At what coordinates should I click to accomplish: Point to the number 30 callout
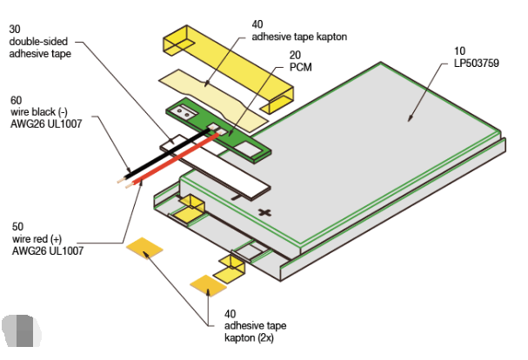15,30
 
